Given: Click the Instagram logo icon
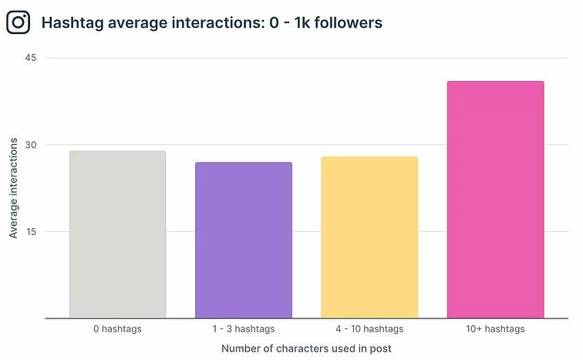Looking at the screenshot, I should click(x=18, y=22).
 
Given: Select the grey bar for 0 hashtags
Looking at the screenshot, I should click(x=117, y=234).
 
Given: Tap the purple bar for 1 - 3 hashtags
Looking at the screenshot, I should click(x=244, y=240).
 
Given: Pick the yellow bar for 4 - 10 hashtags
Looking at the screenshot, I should click(x=369, y=237).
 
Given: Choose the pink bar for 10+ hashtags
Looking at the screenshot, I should click(x=496, y=200).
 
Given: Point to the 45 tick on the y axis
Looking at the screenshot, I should click(x=31, y=59).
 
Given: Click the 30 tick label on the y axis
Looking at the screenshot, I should click(x=31, y=145).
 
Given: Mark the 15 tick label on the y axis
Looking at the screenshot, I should click(x=31, y=232).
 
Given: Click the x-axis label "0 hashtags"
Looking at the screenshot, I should click(x=117, y=329).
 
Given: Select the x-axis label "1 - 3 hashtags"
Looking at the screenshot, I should click(x=244, y=329).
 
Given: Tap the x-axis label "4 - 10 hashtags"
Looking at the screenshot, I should click(x=369, y=329).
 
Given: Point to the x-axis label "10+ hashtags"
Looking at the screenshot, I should click(x=496, y=329).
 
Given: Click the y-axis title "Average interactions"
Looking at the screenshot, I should click(x=14, y=189).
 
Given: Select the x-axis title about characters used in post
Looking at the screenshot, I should click(x=306, y=348).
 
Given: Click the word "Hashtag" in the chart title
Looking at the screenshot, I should click(x=71, y=23).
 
